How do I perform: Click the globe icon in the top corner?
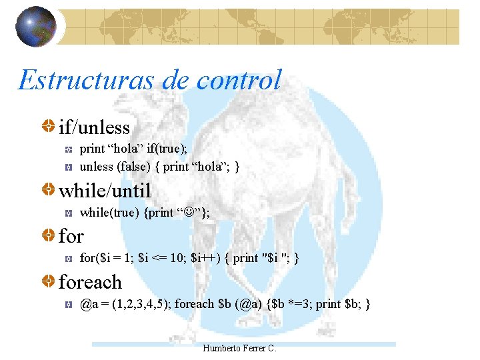35,27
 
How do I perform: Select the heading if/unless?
94,127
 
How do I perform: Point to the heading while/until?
105,191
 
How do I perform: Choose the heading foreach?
90,282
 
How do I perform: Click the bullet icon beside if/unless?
48,127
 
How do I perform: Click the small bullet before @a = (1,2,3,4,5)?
69,305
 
